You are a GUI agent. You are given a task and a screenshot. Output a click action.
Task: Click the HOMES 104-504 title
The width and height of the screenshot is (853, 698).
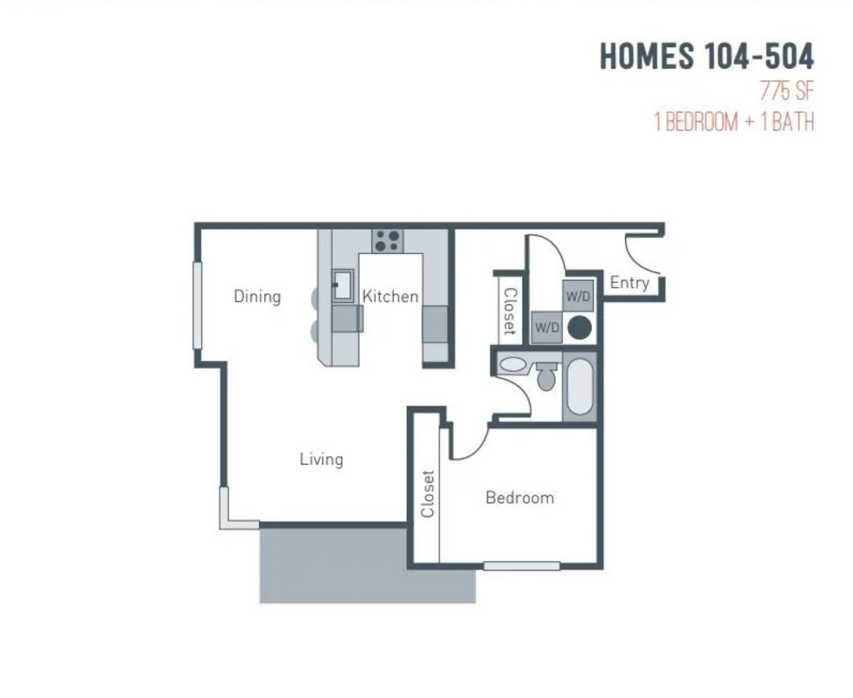click(706, 56)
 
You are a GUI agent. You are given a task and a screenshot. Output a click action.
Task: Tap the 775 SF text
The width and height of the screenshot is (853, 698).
click(786, 90)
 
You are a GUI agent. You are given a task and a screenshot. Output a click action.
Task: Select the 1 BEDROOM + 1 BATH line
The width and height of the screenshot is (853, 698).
click(733, 122)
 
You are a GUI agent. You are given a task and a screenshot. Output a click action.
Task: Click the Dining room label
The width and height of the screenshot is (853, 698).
click(257, 296)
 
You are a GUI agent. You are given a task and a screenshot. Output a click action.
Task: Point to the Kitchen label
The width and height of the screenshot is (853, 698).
click(390, 296)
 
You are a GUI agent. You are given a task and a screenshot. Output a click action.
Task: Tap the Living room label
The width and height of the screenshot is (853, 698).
click(322, 460)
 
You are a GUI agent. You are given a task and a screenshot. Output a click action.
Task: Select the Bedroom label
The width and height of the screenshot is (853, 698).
click(520, 498)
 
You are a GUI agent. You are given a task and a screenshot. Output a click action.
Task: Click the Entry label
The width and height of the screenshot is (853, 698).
click(630, 283)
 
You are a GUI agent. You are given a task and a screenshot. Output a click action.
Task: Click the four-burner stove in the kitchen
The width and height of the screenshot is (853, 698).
click(388, 240)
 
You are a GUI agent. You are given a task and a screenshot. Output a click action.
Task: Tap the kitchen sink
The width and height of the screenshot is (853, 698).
click(343, 286)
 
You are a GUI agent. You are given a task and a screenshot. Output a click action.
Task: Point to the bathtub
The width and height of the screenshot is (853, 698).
click(580, 386)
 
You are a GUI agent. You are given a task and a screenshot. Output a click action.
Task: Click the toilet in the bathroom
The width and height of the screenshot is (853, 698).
click(547, 376)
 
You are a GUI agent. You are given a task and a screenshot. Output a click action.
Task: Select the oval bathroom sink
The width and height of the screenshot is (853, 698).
click(513, 364)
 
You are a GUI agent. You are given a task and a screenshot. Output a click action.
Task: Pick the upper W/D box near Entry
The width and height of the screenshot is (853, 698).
click(578, 296)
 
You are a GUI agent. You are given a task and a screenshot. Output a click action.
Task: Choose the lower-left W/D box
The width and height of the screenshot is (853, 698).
click(547, 327)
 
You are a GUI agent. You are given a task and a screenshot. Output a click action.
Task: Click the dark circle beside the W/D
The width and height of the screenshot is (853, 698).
click(579, 328)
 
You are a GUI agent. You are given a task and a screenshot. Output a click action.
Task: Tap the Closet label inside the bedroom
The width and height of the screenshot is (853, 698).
click(428, 494)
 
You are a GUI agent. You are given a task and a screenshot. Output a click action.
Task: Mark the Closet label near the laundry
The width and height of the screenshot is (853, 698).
click(510, 312)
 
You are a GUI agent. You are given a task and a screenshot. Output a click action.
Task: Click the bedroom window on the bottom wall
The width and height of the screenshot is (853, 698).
click(521, 566)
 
